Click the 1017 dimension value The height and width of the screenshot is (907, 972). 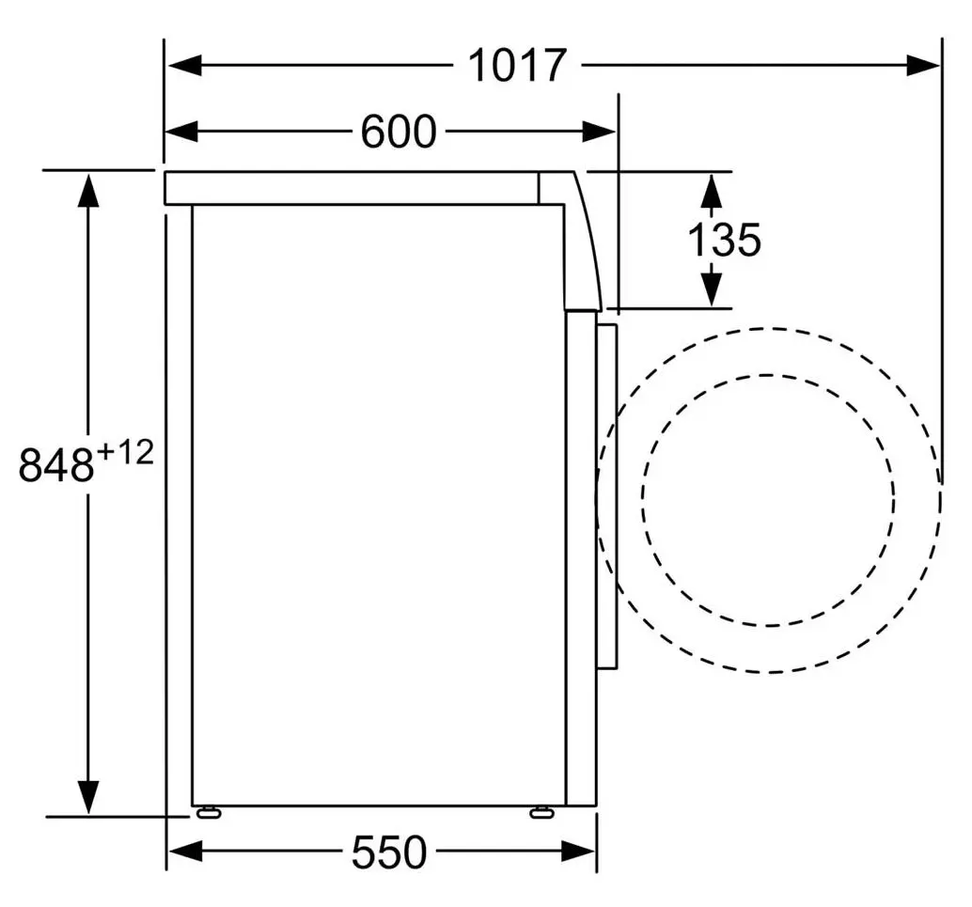[x=517, y=65]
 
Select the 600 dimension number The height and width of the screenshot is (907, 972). [x=399, y=132]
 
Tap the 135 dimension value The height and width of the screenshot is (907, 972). [x=724, y=240]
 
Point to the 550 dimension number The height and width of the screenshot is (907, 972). [x=389, y=852]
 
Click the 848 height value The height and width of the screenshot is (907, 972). [x=56, y=465]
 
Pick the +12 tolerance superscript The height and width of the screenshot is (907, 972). [x=126, y=453]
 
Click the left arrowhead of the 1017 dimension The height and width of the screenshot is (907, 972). [x=185, y=65]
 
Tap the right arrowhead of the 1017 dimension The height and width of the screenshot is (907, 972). [x=923, y=65]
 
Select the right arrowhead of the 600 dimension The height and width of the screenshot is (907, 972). [x=599, y=132]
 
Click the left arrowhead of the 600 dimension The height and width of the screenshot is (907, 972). [x=181, y=132]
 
